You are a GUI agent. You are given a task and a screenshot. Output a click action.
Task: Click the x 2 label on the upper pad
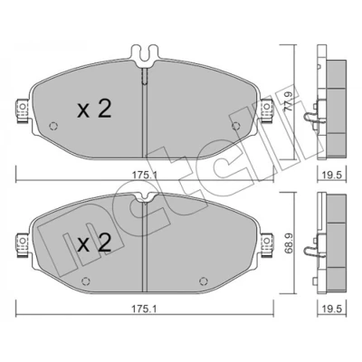(94, 110)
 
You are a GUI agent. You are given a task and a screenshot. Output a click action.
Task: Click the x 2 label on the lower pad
(94, 243)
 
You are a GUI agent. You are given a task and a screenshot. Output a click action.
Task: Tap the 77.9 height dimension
(288, 101)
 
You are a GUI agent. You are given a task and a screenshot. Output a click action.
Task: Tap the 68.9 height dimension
(288, 243)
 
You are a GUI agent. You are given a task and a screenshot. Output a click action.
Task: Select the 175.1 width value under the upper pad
(144, 175)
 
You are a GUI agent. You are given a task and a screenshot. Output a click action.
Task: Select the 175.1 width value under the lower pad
(144, 309)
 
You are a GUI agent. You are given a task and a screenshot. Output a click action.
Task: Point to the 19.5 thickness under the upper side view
(332, 175)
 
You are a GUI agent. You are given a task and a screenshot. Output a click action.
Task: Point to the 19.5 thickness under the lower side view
(332, 309)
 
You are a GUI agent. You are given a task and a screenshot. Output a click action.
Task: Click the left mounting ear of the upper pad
(23, 111)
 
